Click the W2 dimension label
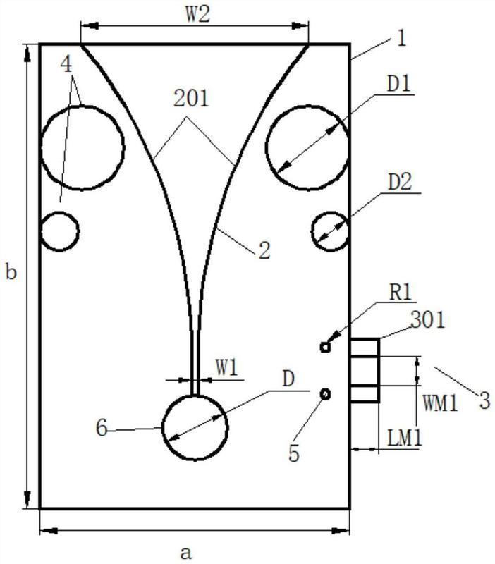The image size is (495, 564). pos(198,15)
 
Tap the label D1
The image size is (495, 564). pos(398,85)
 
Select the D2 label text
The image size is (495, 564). pos(400,183)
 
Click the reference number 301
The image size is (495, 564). pos(428,319)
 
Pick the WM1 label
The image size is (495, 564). pos(440,403)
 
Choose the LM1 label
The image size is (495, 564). pos(405,438)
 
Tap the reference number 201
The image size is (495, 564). pos(191,99)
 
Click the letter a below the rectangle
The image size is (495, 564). pos(185,553)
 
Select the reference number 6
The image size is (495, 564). pos(102,429)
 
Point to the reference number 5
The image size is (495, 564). pos(294,453)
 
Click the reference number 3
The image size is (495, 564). pos(484,400)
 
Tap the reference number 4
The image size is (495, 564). pos(67,65)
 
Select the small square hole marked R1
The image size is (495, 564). pos(325,347)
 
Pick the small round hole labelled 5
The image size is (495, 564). pos(326,394)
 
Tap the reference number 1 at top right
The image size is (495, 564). pos(401,38)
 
